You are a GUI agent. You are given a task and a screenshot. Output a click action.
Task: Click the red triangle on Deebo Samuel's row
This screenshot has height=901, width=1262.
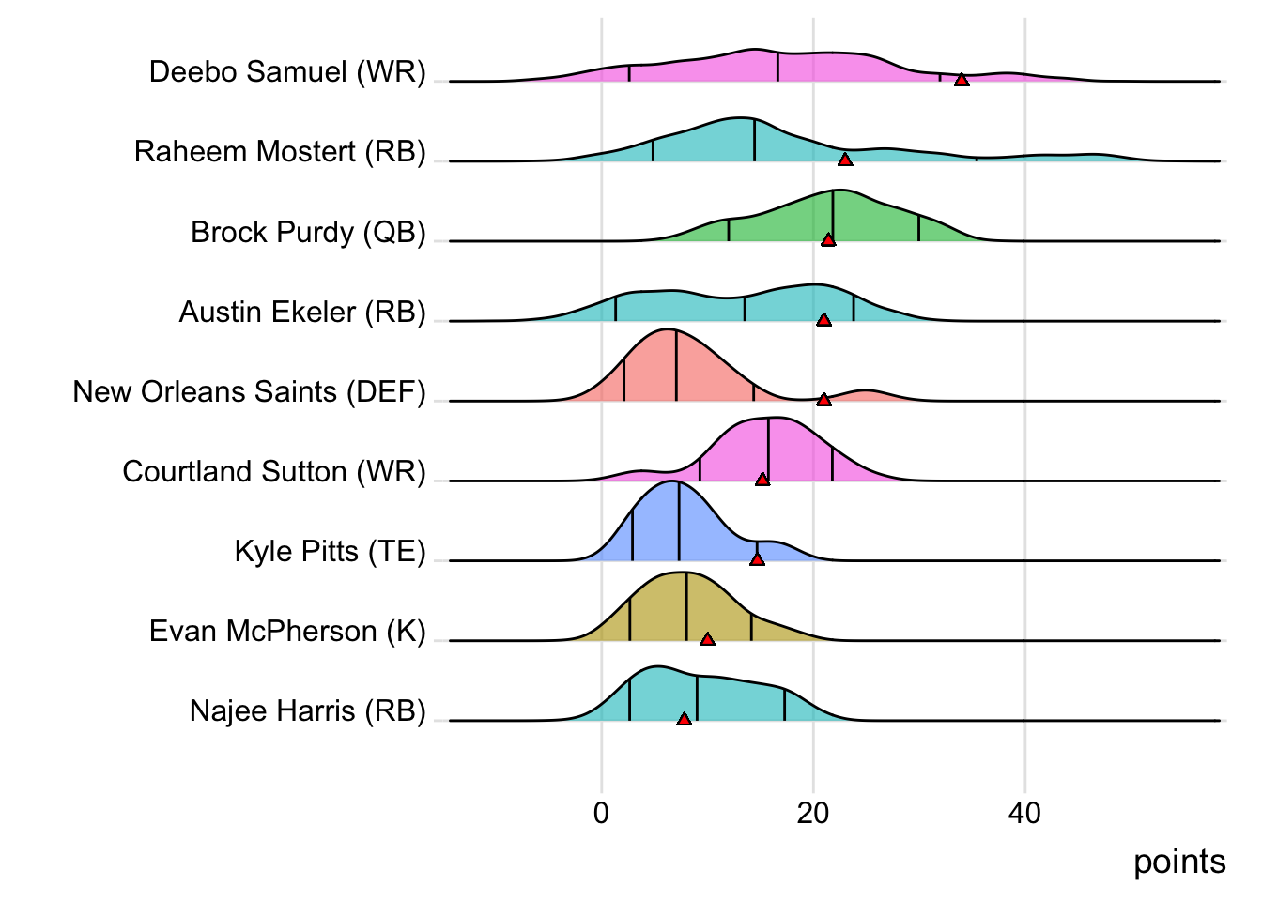[x=962, y=80]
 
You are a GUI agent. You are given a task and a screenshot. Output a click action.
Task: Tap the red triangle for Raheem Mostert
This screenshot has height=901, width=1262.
[x=845, y=160]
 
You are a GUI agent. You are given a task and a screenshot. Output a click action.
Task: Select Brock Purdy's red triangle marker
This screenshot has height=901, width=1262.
[x=828, y=239]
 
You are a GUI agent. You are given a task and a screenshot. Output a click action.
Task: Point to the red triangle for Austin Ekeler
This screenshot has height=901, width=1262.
[x=823, y=319]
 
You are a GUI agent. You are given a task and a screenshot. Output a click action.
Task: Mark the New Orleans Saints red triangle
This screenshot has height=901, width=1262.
[x=823, y=399]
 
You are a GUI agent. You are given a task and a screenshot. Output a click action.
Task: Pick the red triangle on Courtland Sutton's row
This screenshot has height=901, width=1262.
[x=762, y=479]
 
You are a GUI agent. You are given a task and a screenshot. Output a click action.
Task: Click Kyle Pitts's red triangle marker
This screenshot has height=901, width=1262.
[x=757, y=558]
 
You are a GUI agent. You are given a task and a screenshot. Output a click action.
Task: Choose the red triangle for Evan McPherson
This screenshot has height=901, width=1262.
[x=707, y=638]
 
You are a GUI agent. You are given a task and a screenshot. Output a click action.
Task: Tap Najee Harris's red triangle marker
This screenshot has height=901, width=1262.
[x=684, y=718]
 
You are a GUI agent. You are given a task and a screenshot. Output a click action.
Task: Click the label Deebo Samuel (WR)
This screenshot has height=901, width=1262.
[x=287, y=71]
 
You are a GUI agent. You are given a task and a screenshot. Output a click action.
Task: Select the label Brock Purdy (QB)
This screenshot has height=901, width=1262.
[x=308, y=232]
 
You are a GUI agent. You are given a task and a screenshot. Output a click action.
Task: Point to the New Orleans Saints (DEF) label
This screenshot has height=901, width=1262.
[x=249, y=391]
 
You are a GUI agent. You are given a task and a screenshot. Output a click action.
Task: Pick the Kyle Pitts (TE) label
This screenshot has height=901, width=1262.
[x=330, y=551]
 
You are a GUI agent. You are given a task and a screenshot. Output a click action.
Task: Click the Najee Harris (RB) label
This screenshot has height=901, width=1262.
[x=307, y=710]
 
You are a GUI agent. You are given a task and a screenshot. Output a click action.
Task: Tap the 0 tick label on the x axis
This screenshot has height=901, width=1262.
[x=601, y=813]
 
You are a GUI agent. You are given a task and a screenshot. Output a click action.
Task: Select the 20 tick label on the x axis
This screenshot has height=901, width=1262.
[x=813, y=813]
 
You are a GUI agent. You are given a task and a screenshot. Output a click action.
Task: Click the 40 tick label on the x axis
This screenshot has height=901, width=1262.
[x=1024, y=813]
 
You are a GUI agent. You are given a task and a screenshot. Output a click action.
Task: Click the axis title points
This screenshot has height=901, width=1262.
[x=1179, y=862]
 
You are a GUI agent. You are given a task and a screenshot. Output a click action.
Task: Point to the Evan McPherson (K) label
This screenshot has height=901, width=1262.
[x=287, y=631]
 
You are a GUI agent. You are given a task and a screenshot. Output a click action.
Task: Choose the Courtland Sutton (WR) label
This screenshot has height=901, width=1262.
[x=274, y=471]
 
